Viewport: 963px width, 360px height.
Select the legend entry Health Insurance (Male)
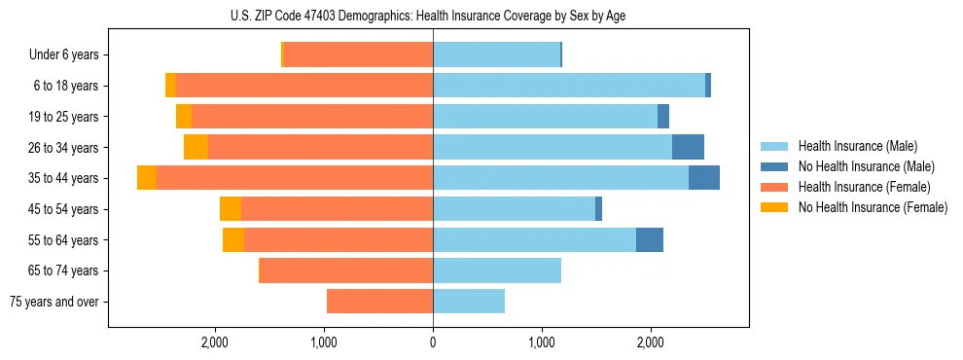tap(852, 146)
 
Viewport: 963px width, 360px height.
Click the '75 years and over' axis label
tap(53, 302)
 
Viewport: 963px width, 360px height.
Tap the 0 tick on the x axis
tap(433, 342)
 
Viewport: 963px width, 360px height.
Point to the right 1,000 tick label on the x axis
tap(542, 342)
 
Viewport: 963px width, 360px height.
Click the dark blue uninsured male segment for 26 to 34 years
tap(688, 147)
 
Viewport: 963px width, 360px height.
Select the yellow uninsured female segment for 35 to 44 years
tap(147, 178)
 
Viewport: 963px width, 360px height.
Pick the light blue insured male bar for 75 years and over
tap(469, 302)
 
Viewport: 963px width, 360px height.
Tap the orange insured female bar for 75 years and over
tap(379, 302)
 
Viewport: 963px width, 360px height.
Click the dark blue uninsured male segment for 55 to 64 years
tap(650, 239)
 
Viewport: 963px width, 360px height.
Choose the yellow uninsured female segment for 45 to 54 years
tap(231, 209)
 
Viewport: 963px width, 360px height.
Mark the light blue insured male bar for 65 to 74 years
tap(497, 270)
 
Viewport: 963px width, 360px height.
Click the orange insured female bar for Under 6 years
tap(358, 55)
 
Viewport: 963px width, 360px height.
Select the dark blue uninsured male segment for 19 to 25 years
tap(663, 117)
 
